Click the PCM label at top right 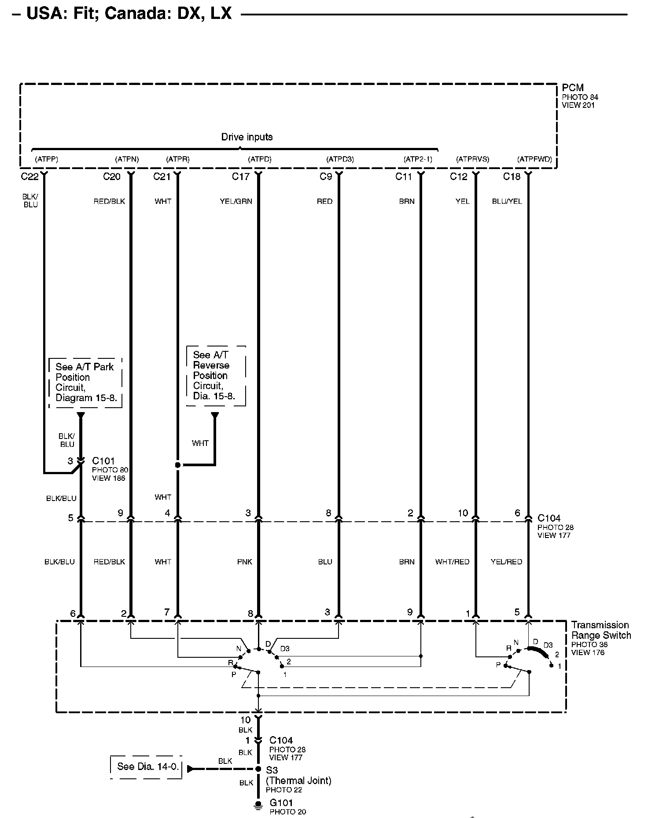(x=572, y=88)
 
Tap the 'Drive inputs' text (x=247, y=137)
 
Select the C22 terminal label (x=29, y=177)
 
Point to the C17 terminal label (x=240, y=177)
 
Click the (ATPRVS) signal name (x=472, y=159)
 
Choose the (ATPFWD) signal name (x=534, y=159)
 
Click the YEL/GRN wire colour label (x=236, y=201)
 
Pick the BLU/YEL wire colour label (x=507, y=201)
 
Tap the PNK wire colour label (x=244, y=562)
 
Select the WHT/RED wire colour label (x=452, y=562)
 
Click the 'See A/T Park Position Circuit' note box (x=85, y=382)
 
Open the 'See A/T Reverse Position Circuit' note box (x=215, y=376)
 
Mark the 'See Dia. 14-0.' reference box (x=147, y=766)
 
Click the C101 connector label (x=103, y=461)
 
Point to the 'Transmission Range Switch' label (x=601, y=630)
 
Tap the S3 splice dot (x=258, y=769)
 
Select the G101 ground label (x=281, y=803)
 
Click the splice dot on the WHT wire (x=178, y=465)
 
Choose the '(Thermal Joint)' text (x=298, y=781)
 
